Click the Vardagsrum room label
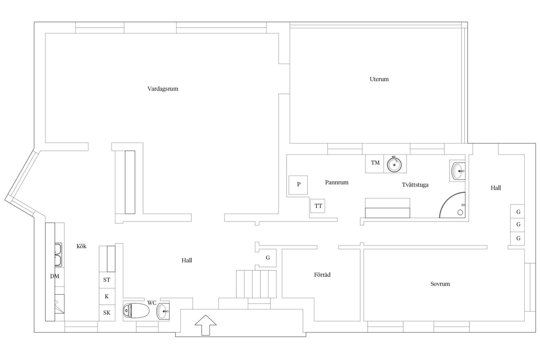(163, 89)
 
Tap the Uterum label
(379, 79)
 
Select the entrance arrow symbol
(205, 325)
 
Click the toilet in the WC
(136, 311)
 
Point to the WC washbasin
(163, 311)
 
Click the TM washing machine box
(374, 164)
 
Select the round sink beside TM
(394, 164)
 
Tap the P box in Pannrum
(298, 185)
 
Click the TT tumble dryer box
(317, 206)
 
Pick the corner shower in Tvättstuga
(452, 205)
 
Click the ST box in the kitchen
(107, 280)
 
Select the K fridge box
(107, 297)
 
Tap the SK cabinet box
(107, 313)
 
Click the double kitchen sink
(58, 255)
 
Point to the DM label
(55, 276)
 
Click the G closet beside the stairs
(268, 258)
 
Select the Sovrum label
(440, 284)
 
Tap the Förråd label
(322, 275)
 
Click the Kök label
(81, 246)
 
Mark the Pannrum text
(337, 182)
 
